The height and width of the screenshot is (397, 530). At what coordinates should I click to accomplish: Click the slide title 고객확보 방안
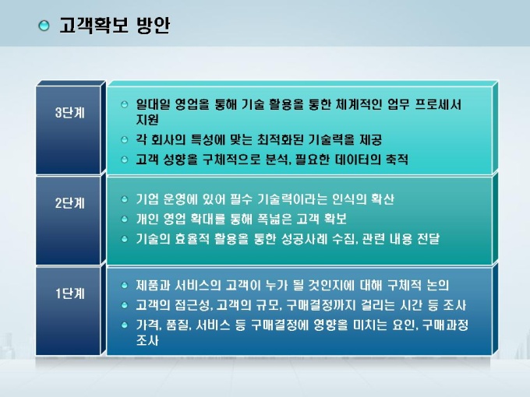tap(115, 25)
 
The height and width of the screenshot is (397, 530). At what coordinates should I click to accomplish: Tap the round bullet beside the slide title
tap(44, 26)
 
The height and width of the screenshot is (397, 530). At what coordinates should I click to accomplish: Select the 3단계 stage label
tap(70, 112)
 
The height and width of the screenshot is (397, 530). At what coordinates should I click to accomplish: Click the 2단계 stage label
tap(70, 203)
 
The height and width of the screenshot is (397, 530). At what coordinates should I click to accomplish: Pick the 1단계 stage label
tap(70, 293)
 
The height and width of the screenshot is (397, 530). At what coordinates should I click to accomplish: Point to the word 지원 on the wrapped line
tap(147, 120)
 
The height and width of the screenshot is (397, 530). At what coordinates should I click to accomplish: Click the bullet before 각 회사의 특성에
tap(125, 139)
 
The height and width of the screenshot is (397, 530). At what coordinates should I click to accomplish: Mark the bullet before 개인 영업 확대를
tap(125, 219)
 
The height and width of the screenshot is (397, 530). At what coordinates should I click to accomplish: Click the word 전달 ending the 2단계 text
tap(428, 239)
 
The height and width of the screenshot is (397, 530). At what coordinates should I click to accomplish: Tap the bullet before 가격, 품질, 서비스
tap(125, 325)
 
